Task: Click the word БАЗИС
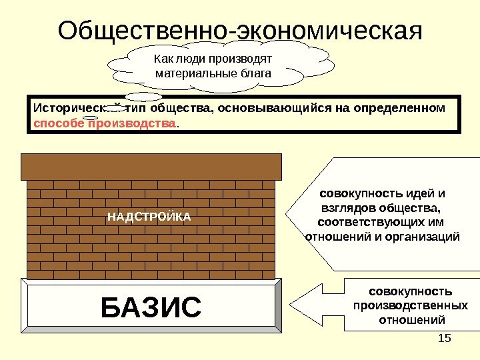[x=151, y=308]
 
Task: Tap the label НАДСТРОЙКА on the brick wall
[x=149, y=217]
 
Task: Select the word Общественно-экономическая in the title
[x=240, y=30]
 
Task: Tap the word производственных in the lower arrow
[x=409, y=305]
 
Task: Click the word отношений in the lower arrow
[x=409, y=319]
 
